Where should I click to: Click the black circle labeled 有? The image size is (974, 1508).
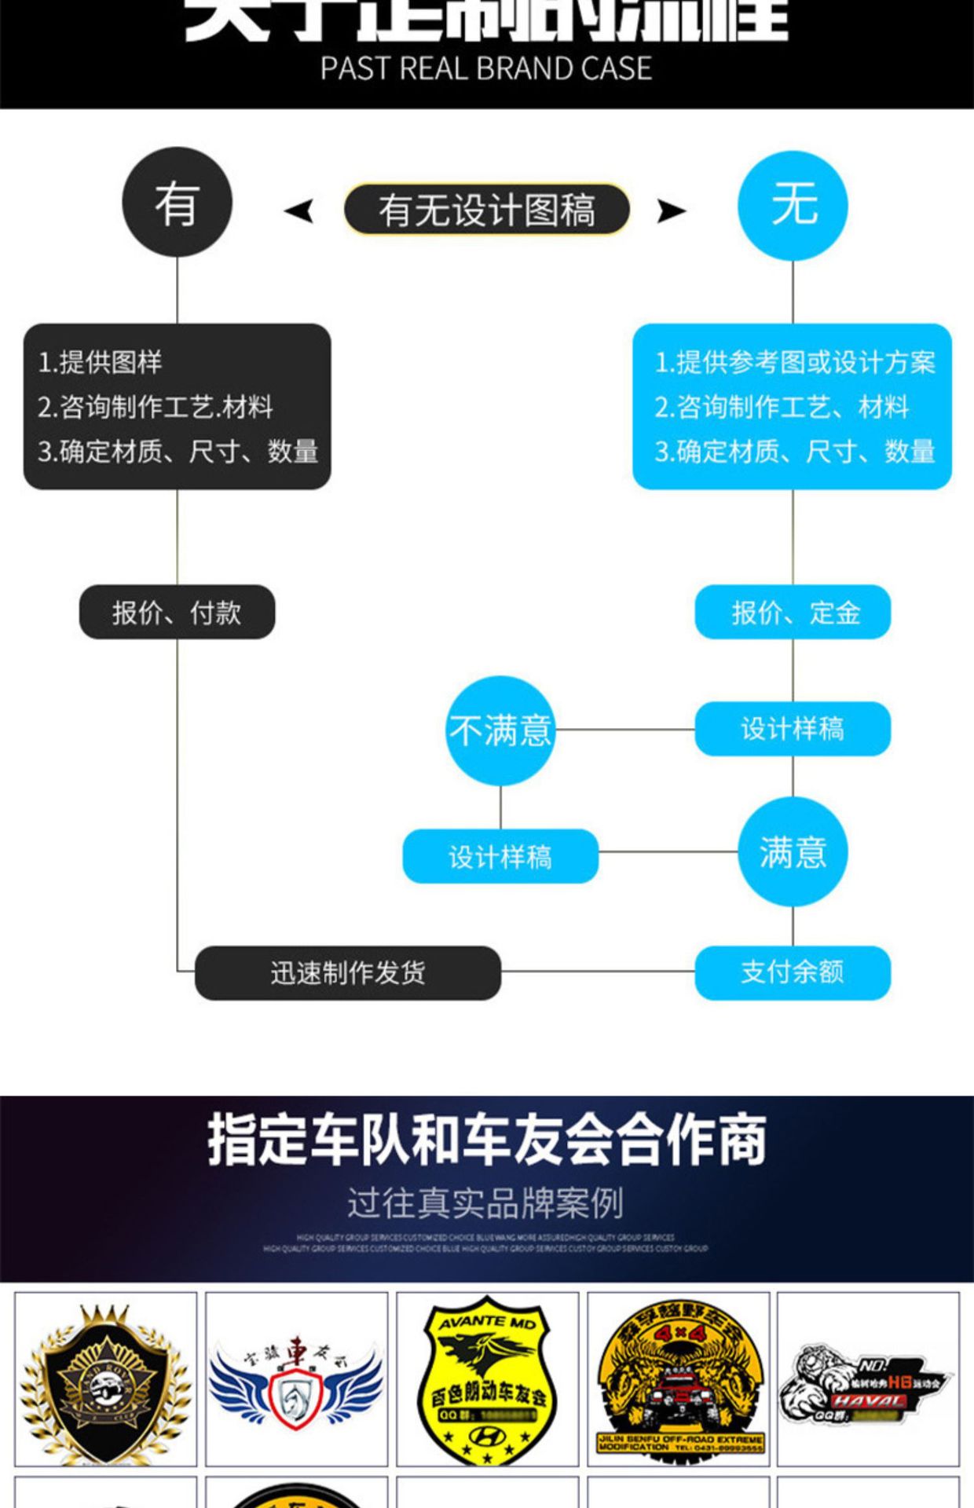click(x=177, y=202)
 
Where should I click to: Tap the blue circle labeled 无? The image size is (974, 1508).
click(x=793, y=206)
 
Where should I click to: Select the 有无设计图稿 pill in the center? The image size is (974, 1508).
click(x=487, y=210)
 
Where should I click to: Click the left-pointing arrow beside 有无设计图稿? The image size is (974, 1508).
click(x=299, y=210)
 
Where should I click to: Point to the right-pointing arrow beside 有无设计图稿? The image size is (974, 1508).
click(x=671, y=210)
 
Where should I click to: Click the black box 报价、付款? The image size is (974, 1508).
click(x=177, y=612)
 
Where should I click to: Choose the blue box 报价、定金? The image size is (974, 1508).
click(x=793, y=612)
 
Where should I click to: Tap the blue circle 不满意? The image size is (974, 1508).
click(x=500, y=730)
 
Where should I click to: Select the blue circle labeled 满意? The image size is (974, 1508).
click(x=793, y=852)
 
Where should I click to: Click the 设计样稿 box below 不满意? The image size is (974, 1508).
click(x=500, y=856)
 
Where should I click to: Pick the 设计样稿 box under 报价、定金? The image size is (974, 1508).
click(x=793, y=729)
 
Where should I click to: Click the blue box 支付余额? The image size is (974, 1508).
click(x=793, y=972)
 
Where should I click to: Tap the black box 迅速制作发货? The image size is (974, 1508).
click(x=348, y=973)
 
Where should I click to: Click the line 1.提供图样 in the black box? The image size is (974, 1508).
click(x=101, y=362)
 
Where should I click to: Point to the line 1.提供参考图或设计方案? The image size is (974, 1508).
click(x=795, y=362)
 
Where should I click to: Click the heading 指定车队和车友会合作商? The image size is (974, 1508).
click(x=487, y=1140)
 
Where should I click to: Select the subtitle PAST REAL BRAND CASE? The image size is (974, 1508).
click(x=486, y=69)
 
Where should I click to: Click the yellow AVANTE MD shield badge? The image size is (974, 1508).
click(x=487, y=1379)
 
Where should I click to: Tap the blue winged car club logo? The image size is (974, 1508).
click(x=296, y=1381)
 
